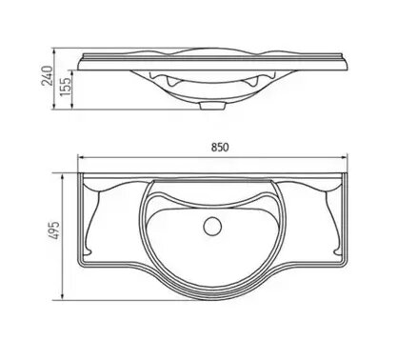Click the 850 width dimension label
coord(220,148)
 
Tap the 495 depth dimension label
coord(55,230)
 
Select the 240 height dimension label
coord(48,75)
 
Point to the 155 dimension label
coord(65,87)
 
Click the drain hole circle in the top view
coord(212,226)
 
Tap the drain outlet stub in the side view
coord(212,106)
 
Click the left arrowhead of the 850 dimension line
coord(81,157)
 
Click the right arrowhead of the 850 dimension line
coord(345,157)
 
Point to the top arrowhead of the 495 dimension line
coord(63,176)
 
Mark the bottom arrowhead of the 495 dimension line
coord(63,297)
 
